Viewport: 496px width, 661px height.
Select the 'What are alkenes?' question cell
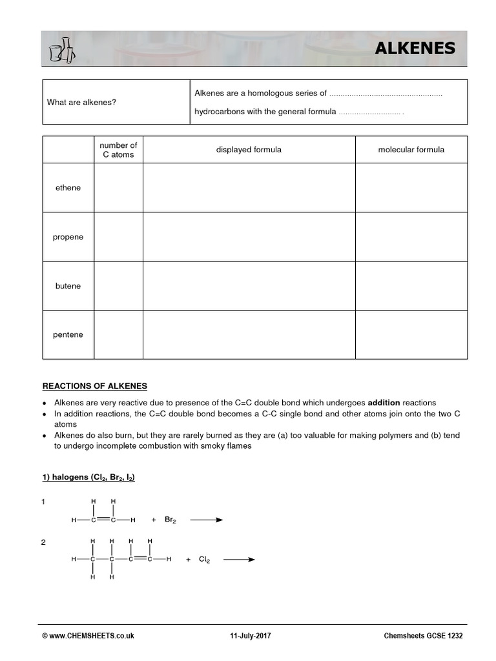81,102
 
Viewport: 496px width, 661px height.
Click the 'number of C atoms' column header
118,150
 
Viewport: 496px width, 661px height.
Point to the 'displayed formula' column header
249,150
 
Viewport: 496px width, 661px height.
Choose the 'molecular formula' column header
411,150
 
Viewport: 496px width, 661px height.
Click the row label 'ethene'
68,188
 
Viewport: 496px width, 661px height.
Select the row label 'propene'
68,237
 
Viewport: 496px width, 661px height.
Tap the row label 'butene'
68,286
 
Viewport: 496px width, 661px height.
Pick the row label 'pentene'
68,335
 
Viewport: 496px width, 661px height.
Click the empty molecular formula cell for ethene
411,188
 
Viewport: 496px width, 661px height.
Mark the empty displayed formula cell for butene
249,286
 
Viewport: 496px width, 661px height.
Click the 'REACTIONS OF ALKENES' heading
94,386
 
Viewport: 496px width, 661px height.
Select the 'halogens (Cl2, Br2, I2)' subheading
88,478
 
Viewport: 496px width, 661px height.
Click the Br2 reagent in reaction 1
170,520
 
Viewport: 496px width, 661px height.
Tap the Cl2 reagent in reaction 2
204,560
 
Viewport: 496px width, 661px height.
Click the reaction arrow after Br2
206,520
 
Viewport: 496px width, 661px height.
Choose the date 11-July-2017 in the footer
251,636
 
